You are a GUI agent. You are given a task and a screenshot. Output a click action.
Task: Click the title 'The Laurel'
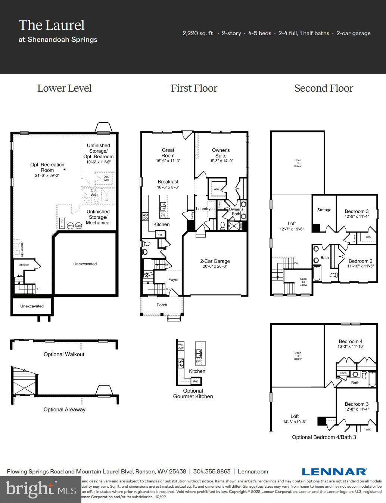pos(52,25)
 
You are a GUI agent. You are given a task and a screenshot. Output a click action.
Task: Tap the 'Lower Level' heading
pos(64,88)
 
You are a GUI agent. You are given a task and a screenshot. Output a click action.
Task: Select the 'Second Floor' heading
pos(324,88)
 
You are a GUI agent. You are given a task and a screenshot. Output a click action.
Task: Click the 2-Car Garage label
pos(215,261)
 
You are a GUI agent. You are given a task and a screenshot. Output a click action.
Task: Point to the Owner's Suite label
pos(221,153)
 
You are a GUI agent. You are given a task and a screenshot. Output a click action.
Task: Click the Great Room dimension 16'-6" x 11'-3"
pos(168,161)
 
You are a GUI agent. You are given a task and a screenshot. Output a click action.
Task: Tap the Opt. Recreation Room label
pos(47,167)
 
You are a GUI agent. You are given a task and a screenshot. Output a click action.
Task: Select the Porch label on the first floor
pos(162,305)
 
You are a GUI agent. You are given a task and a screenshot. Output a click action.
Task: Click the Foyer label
pos(174,279)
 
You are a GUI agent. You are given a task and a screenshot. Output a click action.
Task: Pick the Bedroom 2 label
pos(360,261)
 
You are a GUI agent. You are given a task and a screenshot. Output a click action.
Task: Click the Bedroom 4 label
pos(351,341)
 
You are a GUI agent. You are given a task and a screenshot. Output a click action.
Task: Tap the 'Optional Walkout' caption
pos(64,354)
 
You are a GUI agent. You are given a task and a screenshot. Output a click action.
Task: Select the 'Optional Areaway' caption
pos(64,410)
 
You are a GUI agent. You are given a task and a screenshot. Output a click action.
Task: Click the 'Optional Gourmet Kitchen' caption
pos(193,393)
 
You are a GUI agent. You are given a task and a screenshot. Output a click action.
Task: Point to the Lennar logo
pos(334,472)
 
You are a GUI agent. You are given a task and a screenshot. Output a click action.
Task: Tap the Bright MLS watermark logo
pos(35,489)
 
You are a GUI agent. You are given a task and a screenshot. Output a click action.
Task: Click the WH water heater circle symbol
pos(70,226)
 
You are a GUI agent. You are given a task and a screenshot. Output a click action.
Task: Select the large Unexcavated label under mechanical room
pos(85,264)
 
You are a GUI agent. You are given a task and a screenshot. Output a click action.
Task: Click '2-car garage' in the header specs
pos(353,33)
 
